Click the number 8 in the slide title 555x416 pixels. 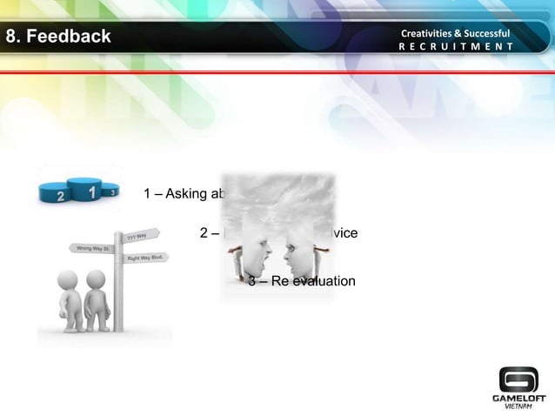(x=11, y=37)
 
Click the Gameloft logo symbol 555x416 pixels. (x=518, y=379)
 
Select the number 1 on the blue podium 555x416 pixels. (x=90, y=188)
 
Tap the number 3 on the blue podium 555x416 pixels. (x=110, y=191)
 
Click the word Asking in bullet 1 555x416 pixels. (x=184, y=193)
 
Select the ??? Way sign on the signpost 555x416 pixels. (x=139, y=235)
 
